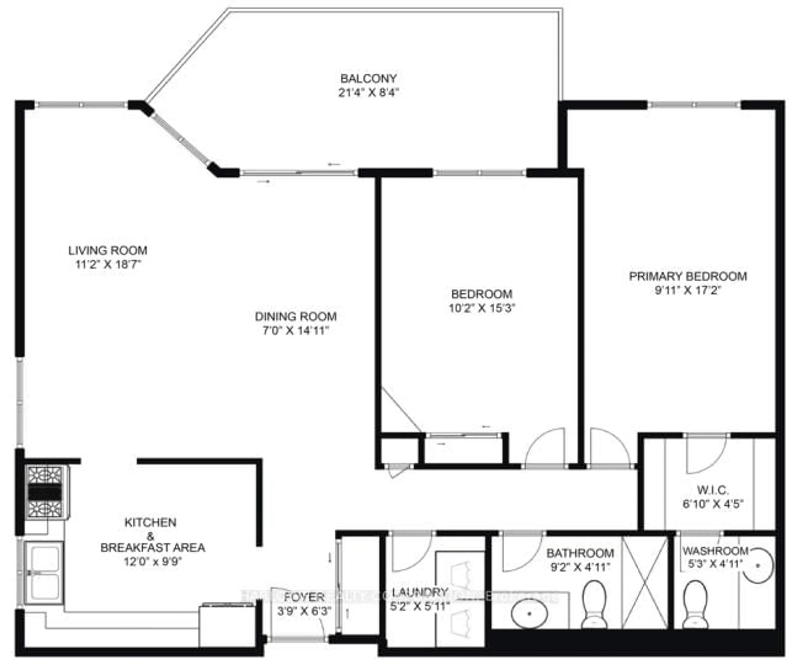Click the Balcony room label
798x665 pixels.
(368, 79)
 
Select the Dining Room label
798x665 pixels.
(296, 316)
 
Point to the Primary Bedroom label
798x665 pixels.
(688, 276)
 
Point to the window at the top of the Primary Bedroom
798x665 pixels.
(694, 105)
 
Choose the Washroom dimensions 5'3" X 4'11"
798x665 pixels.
(715, 564)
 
